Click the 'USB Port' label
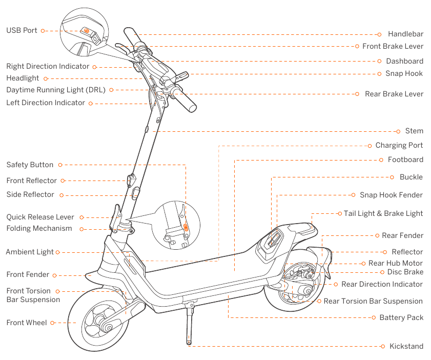pyautogui.click(x=22, y=30)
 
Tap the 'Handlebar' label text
pyautogui.click(x=405, y=34)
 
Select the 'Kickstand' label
pyautogui.click(x=406, y=346)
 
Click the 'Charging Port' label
pyautogui.click(x=399, y=146)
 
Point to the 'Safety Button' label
pyautogui.click(x=30, y=165)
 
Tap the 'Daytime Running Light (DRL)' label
pyautogui.click(x=56, y=90)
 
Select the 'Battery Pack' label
pyautogui.click(x=401, y=318)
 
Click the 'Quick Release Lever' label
pyautogui.click(x=40, y=217)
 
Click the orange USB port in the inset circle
pyautogui.click(x=87, y=31)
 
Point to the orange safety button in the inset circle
pyautogui.click(x=186, y=226)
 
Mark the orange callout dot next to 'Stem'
pyautogui.click(x=398, y=131)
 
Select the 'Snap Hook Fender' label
pyautogui.click(x=391, y=195)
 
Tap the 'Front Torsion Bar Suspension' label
pyautogui.click(x=33, y=295)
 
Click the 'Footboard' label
pyautogui.click(x=405, y=159)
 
